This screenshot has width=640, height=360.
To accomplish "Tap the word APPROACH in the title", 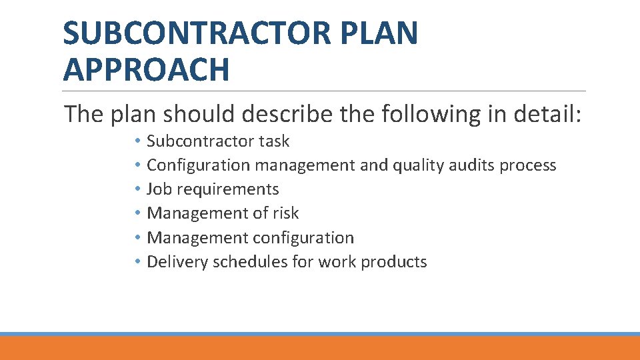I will (x=146, y=69).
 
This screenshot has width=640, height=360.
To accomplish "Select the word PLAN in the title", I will (x=389, y=33).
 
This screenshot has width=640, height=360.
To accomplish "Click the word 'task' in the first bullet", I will (x=274, y=141).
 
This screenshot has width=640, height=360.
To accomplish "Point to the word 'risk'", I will (x=286, y=213).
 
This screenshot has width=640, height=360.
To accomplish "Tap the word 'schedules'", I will (x=250, y=262).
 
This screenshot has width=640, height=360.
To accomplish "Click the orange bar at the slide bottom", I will (x=320, y=348).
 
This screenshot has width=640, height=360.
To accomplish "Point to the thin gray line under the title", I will (x=325, y=91).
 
